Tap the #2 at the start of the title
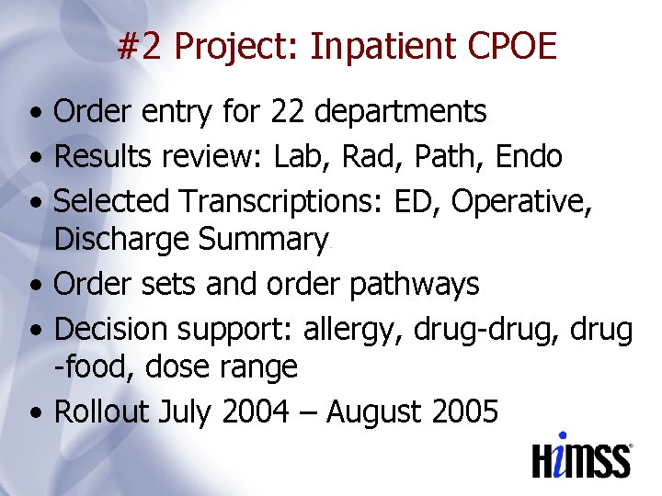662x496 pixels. point(141,46)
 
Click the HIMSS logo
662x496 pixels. point(582,457)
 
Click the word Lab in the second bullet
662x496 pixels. point(297,157)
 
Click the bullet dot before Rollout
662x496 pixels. point(35,413)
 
